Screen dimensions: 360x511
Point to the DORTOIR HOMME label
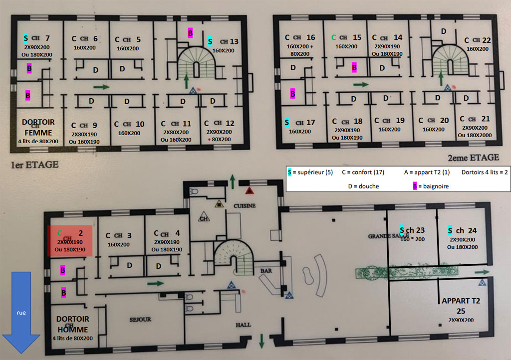click(72, 324)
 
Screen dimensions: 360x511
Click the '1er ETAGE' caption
click(34, 164)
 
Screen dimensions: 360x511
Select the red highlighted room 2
click(70, 241)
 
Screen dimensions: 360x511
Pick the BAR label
click(265, 271)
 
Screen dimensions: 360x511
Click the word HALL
click(244, 325)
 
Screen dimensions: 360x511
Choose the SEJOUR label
click(140, 319)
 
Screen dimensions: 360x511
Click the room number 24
click(472, 230)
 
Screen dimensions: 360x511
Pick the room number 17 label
click(310, 122)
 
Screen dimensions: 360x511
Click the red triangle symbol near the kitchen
click(250, 191)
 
